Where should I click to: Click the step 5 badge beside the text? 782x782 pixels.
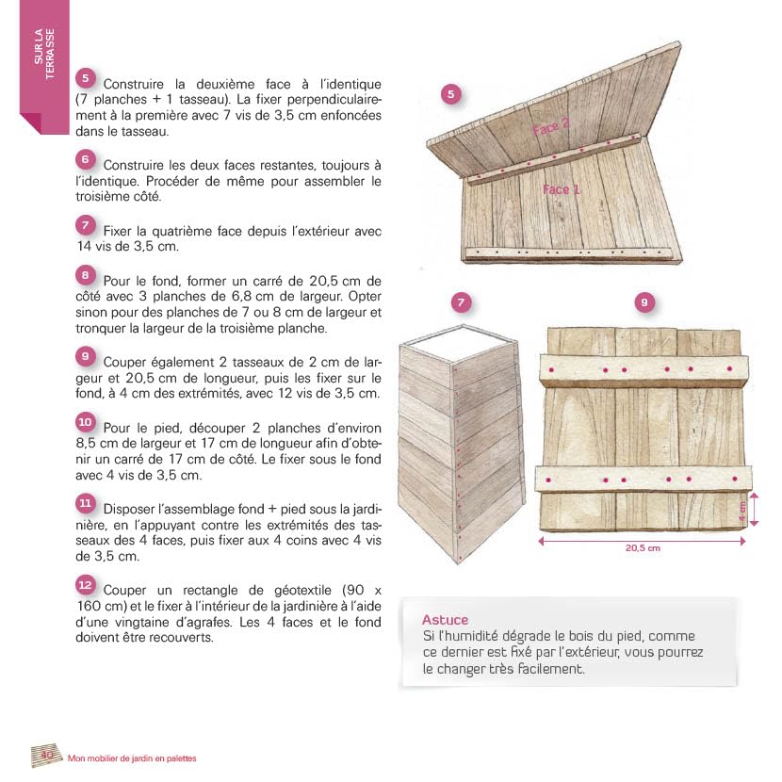point(86,78)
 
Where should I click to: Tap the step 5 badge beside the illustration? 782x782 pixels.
point(451,94)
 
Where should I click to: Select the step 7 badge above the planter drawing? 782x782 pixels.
point(461,302)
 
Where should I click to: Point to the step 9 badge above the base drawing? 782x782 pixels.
point(644,302)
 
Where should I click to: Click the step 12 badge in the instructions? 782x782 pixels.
point(86,584)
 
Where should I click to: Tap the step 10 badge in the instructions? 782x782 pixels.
point(86,422)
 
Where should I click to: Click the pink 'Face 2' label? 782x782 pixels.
point(550,127)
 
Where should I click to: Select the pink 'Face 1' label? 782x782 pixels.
point(562,189)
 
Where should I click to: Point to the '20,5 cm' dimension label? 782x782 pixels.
point(643,547)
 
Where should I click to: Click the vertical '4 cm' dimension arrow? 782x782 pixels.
point(754,509)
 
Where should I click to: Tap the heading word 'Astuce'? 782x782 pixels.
point(445,620)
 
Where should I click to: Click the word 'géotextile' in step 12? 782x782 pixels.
point(302,590)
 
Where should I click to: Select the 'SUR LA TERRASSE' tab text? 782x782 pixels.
point(44,54)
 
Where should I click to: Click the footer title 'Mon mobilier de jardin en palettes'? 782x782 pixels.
point(132,758)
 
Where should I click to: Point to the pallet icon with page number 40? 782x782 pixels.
point(46,755)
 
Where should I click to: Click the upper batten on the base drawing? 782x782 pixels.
point(644,369)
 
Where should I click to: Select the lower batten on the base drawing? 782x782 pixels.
point(644,480)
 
